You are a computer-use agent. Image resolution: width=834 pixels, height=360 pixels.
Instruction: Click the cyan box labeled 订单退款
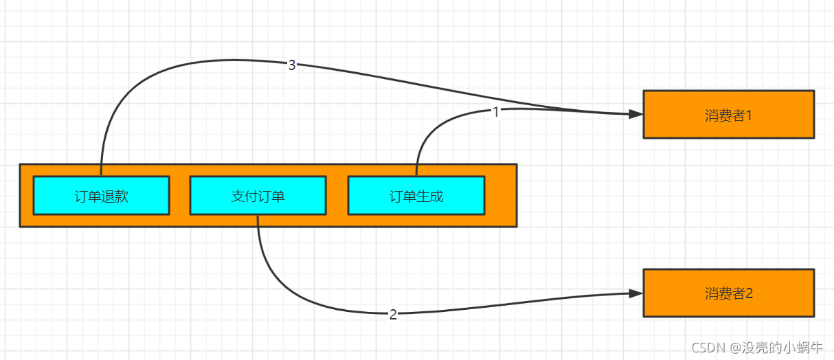pyautogui.click(x=101, y=196)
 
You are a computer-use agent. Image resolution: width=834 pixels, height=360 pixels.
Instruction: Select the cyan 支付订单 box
pyautogui.click(x=258, y=196)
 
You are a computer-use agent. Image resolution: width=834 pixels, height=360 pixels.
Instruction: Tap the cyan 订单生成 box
pyautogui.click(x=416, y=196)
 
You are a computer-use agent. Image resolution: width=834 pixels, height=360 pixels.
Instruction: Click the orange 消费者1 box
pyautogui.click(x=728, y=115)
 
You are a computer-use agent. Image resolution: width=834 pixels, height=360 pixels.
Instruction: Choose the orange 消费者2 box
pyautogui.click(x=728, y=293)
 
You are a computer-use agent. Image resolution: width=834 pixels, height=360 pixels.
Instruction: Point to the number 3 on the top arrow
pyautogui.click(x=292, y=65)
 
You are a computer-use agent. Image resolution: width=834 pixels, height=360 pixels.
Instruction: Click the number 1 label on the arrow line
pyautogui.click(x=496, y=112)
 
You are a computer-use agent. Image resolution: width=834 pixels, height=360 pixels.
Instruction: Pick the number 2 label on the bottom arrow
pyautogui.click(x=393, y=315)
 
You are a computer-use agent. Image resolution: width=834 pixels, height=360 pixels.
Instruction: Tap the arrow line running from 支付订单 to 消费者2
pyautogui.click(x=289, y=289)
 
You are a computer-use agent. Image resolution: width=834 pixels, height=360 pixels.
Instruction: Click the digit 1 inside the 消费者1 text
pyautogui.click(x=749, y=115)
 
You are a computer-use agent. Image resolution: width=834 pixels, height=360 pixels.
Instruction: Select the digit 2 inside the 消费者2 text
pyautogui.click(x=750, y=293)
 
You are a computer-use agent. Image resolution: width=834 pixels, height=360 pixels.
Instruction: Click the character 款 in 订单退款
pyautogui.click(x=122, y=196)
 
